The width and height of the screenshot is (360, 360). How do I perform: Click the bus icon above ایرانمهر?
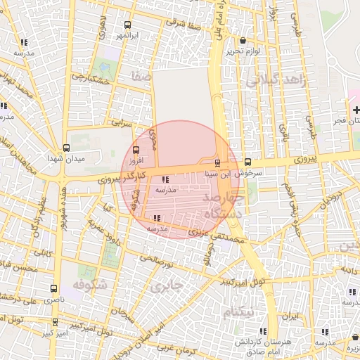127,24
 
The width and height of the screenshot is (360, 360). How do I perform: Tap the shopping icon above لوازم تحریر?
243,41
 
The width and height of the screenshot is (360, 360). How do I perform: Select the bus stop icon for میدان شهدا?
66,148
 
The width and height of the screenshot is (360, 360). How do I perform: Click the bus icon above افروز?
136,149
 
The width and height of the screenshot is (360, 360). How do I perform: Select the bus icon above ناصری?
55,288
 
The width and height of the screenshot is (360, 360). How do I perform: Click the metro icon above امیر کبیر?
56,321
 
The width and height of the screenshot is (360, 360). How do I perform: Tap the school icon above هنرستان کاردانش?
261,330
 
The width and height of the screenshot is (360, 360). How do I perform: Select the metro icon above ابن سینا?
217,162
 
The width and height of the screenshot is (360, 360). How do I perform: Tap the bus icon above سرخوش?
247,162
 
